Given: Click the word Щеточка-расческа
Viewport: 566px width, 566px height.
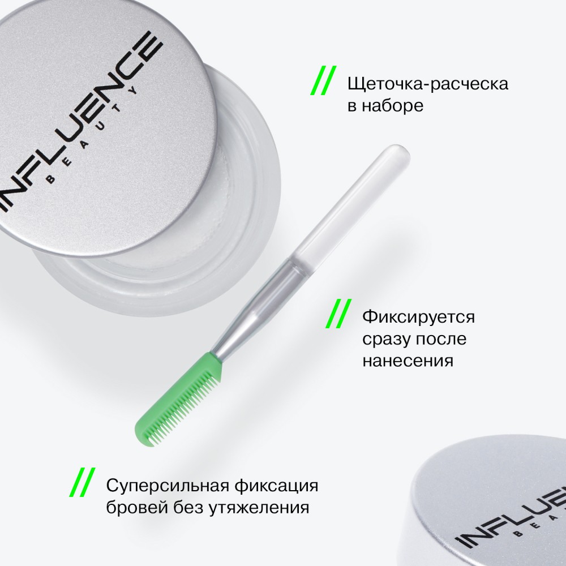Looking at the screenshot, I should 428,84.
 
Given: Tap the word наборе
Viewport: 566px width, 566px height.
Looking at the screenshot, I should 396,106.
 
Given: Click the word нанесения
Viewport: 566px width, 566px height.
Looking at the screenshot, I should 408,361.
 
